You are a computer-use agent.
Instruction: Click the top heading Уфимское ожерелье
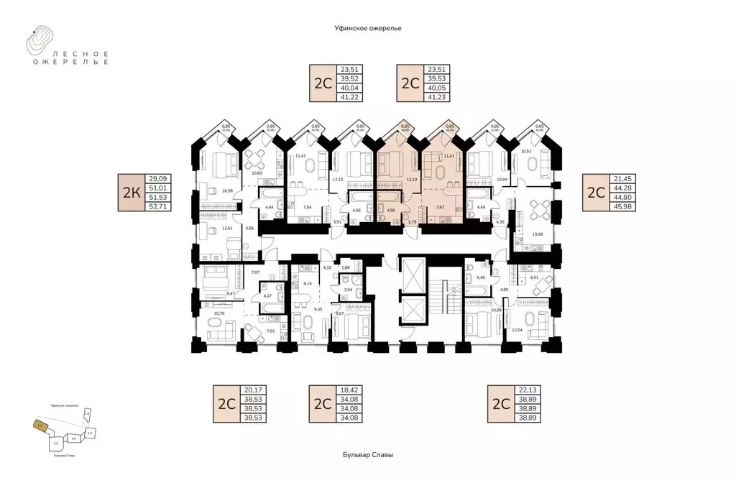pyautogui.click(x=367, y=27)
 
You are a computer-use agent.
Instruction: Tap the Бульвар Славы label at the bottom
pyautogui.click(x=367, y=455)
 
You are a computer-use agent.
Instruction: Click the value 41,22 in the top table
pyautogui.click(x=347, y=96)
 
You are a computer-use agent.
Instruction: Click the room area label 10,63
pyautogui.click(x=255, y=173)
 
